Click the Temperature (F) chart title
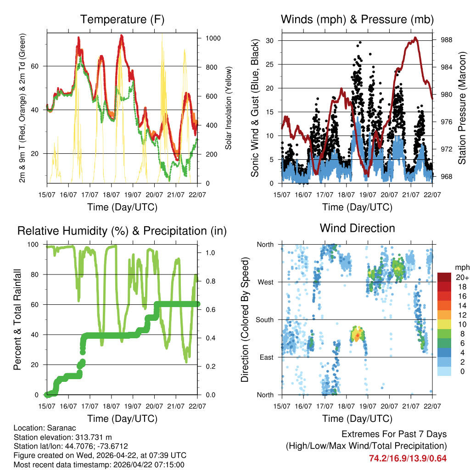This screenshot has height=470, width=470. pyautogui.click(x=122, y=20)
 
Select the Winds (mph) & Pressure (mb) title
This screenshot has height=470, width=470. pyautogui.click(x=357, y=20)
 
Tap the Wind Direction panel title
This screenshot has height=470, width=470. pyautogui.click(x=357, y=228)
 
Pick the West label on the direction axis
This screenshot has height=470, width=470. pyautogui.click(x=265, y=282)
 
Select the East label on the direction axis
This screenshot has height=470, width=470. pyautogui.click(x=266, y=358)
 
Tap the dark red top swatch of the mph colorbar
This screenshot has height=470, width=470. pyautogui.click(x=444, y=277)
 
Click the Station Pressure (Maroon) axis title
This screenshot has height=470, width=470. pyautogui.click(x=462, y=108)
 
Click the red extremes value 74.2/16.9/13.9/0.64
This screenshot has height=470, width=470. pyautogui.click(x=408, y=458)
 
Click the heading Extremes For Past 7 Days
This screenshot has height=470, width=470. pyautogui.click(x=394, y=434)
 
